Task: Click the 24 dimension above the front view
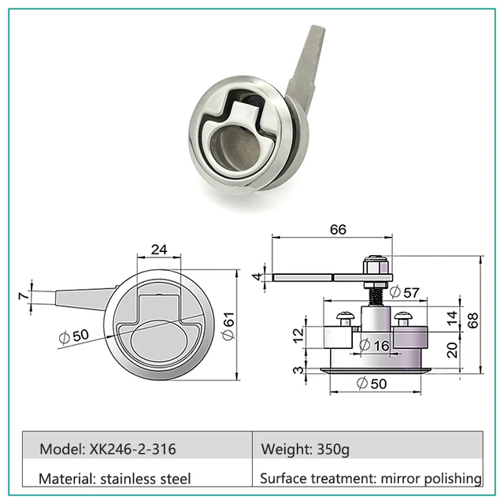pyautogui.click(x=158, y=250)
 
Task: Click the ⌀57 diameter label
pyautogui.click(x=403, y=291)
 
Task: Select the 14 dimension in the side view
pyautogui.click(x=452, y=317)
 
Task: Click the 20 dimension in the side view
pyautogui.click(x=452, y=350)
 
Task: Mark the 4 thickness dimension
pyautogui.click(x=256, y=276)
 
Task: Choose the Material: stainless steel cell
pyautogui.click(x=115, y=478)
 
